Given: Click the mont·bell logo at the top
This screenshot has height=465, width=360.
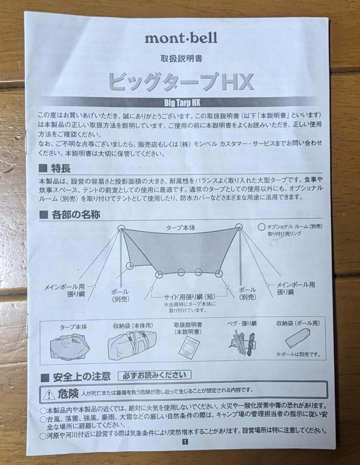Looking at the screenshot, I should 181,38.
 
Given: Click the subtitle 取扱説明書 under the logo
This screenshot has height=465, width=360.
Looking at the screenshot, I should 181,58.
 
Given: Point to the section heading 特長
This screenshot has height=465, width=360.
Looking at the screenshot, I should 60,168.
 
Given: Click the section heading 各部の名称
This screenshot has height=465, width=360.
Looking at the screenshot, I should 76,214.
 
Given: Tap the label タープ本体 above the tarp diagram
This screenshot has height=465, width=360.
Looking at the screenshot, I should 181,228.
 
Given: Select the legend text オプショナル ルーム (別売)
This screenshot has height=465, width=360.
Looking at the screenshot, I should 295,226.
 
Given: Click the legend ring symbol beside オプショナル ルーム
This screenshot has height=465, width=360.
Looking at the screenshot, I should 262,226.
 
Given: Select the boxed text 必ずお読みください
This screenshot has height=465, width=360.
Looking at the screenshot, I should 154,375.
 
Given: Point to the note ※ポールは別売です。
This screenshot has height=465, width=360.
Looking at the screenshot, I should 299,354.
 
